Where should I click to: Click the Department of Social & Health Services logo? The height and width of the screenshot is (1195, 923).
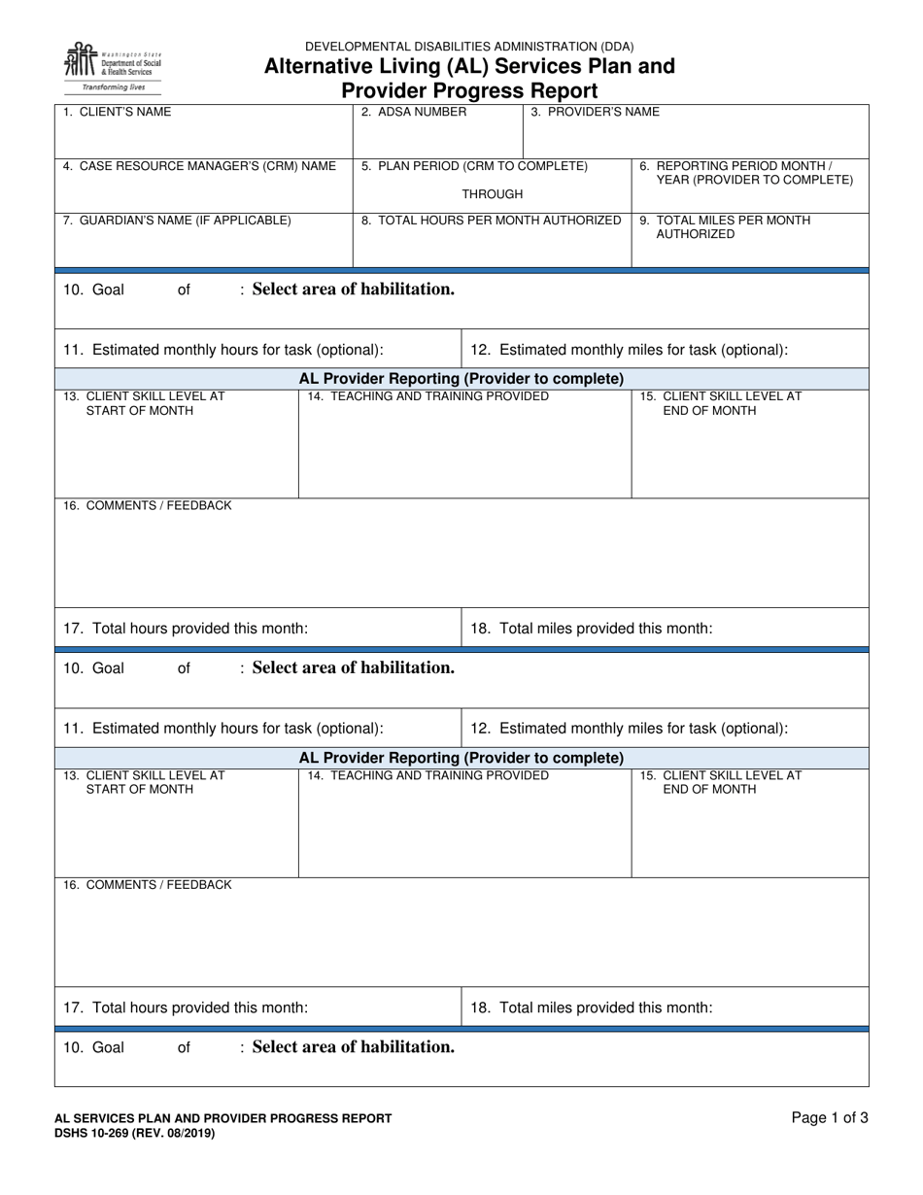coord(112,61)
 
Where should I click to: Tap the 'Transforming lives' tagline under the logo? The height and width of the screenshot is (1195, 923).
coord(113,87)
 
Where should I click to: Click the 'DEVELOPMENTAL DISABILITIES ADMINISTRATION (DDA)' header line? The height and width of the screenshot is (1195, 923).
coord(469,47)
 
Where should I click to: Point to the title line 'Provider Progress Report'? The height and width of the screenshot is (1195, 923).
coord(469,91)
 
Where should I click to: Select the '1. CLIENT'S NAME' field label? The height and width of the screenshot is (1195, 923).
coord(117,112)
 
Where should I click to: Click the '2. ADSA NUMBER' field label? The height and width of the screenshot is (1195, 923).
coord(414,112)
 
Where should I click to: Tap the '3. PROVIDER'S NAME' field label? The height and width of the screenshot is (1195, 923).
coord(595,112)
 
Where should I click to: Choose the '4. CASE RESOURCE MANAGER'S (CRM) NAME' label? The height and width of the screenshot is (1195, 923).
coord(199,166)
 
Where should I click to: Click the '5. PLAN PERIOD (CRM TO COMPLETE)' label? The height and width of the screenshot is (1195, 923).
coord(474,166)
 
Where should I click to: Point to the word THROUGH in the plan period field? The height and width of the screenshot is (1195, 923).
coord(492,194)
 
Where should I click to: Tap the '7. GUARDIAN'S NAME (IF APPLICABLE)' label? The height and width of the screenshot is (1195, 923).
coord(177,221)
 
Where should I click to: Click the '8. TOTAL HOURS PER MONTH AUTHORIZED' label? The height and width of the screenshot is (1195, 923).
coord(491,221)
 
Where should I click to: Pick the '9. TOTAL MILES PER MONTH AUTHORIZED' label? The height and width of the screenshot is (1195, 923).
coord(725,227)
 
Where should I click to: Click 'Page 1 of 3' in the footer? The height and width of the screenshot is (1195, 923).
coord(830,1118)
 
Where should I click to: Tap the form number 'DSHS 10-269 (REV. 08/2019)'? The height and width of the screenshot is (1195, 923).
coord(135,1133)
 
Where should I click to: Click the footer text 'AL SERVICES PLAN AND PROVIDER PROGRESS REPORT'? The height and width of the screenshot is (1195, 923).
coord(223,1118)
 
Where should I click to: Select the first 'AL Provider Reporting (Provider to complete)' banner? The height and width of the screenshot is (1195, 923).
coord(461,378)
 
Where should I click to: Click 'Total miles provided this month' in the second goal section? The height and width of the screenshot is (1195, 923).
coord(592,1007)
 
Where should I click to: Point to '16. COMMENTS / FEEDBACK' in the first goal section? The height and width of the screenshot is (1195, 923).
coord(148,505)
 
